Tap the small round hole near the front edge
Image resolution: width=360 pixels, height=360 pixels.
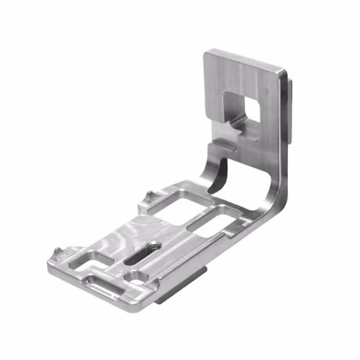coord(139,277)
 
